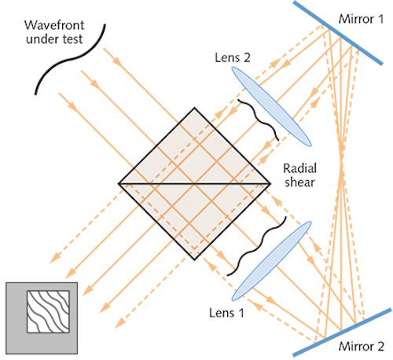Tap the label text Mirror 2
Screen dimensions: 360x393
358,344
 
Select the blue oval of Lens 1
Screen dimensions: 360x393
274,257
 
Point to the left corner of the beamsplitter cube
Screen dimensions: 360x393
119,183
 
